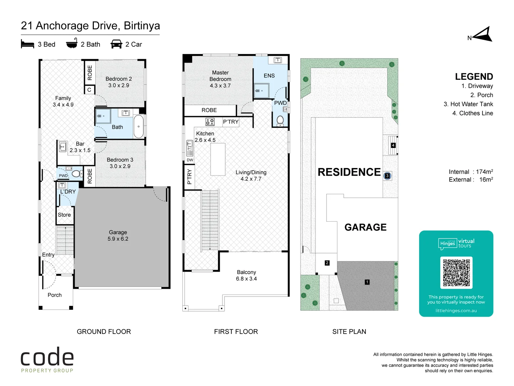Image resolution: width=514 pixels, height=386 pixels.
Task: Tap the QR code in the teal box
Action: tap(456, 272)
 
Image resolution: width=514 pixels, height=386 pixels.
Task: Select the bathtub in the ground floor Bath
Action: tap(138, 127)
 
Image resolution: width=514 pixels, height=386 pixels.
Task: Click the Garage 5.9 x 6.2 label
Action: tap(118, 236)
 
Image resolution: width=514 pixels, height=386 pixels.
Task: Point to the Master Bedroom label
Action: tap(220, 79)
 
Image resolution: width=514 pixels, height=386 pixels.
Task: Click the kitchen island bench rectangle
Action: tap(218, 159)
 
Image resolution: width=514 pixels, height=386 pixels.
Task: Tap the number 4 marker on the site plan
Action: tap(393, 145)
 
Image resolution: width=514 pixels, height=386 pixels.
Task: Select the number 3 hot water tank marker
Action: tap(387, 176)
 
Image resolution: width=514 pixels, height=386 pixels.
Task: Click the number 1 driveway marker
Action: tap(367, 282)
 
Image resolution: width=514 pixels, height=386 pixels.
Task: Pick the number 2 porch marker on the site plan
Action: tap(327, 263)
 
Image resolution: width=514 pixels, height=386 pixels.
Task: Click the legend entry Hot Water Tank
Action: tap(468, 104)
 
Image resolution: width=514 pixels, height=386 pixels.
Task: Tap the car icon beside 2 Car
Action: tap(116, 44)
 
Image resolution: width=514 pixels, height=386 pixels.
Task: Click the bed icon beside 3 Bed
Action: tap(27, 44)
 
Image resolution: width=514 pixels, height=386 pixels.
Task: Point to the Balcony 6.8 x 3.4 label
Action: tap(246, 276)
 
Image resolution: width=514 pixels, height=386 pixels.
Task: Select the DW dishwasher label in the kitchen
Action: tap(190, 160)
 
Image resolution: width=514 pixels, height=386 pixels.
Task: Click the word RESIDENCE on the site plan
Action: tap(349, 172)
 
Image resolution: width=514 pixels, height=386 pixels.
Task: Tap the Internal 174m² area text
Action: tap(470, 172)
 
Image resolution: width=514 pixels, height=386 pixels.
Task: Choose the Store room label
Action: tap(64, 215)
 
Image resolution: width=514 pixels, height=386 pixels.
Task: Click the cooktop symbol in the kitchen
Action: tap(210, 122)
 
